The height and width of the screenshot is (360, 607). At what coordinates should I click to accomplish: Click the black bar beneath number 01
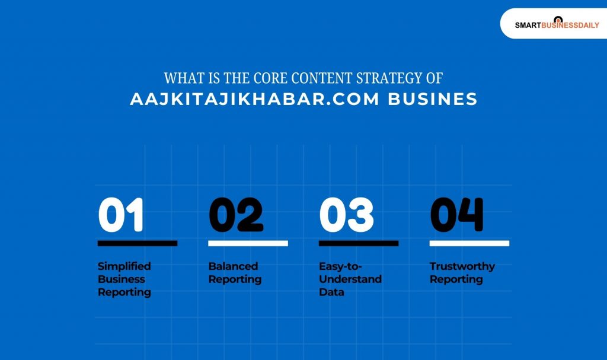coord(138,243)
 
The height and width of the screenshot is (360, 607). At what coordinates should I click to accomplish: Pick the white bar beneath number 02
coord(248,243)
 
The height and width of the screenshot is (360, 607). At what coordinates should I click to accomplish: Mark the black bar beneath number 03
coord(359,243)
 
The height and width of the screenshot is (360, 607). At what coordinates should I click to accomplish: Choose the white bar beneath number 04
coord(469,243)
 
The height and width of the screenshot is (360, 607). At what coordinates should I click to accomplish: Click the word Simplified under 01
coord(124,266)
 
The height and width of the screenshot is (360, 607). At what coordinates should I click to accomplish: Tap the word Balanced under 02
coord(233,266)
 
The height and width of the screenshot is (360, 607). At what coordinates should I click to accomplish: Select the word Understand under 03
coord(350,279)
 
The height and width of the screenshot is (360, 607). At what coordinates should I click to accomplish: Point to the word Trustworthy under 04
coord(462,266)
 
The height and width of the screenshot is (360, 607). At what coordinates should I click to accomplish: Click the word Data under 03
coord(331,292)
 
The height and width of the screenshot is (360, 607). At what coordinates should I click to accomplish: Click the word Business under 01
coord(122,279)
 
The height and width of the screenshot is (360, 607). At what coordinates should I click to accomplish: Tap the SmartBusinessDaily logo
coord(557,24)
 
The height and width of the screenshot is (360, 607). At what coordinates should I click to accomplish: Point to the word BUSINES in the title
coord(433,99)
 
